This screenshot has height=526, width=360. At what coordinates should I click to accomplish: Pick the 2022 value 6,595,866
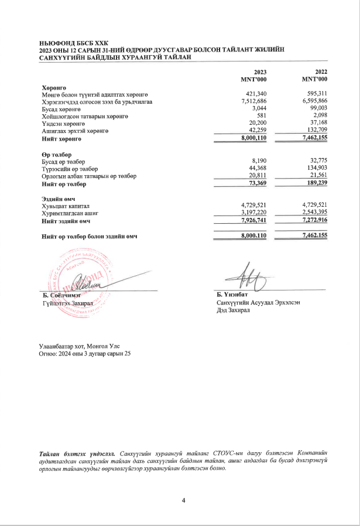point(311,101)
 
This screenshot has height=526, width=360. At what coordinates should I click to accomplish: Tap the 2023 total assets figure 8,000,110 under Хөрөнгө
point(250,138)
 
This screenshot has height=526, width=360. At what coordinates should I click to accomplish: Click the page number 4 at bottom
point(183,500)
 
